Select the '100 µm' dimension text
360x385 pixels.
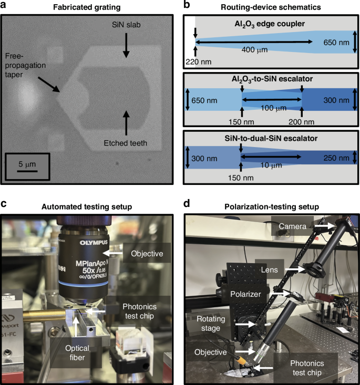pos(272,108)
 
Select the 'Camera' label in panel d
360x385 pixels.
pos(292,226)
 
